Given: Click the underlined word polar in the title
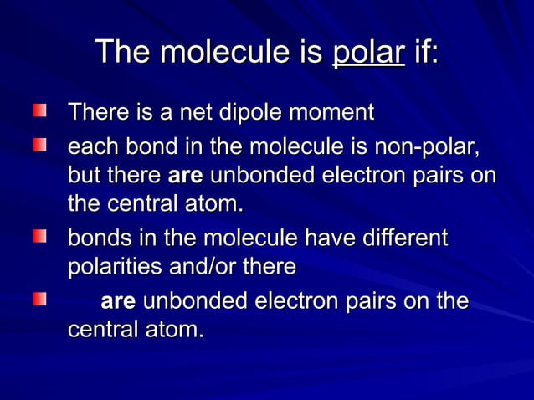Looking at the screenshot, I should pyautogui.click(x=368, y=53).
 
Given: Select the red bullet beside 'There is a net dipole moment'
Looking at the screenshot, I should pyautogui.click(x=39, y=110).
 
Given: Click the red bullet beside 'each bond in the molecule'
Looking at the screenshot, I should pyautogui.click(x=39, y=146).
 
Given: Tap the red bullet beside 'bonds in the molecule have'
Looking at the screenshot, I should pyautogui.click(x=39, y=237).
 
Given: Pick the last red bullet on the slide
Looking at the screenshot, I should pyautogui.click(x=39, y=298).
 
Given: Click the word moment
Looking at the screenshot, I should pyautogui.click(x=339, y=111).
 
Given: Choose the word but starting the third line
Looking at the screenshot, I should pyautogui.click(x=83, y=177).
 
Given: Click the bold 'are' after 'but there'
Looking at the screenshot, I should pyautogui.click(x=187, y=177).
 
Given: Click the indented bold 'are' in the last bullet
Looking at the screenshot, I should pyautogui.click(x=118, y=301).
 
